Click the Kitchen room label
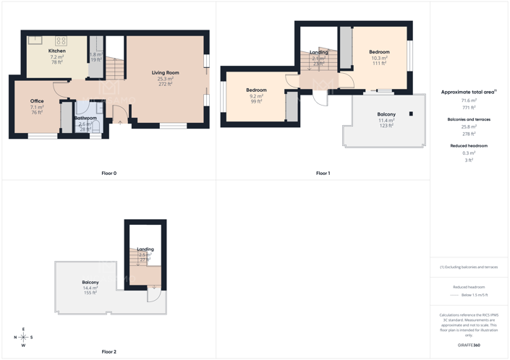point(57,51)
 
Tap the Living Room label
point(165,73)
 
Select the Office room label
point(37,101)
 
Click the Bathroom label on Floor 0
point(85,118)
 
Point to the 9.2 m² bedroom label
point(256,90)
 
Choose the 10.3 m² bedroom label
point(379,52)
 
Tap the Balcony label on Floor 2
point(90,282)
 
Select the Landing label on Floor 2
point(145,249)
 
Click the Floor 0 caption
point(109,173)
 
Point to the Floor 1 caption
point(323,173)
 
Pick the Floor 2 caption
point(109,351)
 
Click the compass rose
point(24,337)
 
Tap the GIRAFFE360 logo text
point(469,346)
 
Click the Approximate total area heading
point(467,93)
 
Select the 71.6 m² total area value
point(469,100)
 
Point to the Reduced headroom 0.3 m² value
point(469,153)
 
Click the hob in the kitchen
point(61,40)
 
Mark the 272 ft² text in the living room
point(165,85)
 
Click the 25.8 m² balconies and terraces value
point(469,127)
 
